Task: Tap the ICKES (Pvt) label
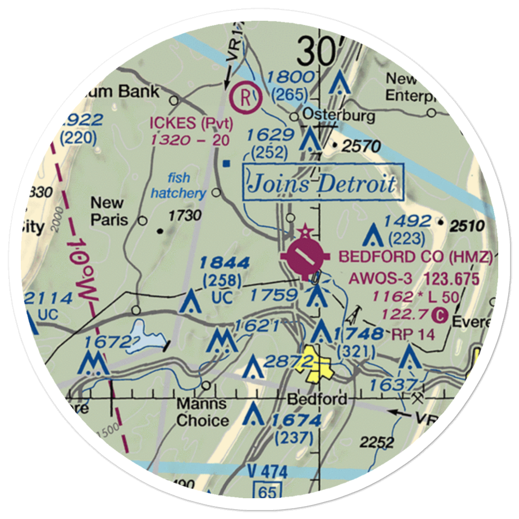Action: tap(192, 124)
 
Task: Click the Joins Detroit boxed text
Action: tap(322, 183)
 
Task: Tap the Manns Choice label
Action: tap(202, 412)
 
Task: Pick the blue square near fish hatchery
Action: tap(226, 164)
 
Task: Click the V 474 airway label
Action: tap(267, 472)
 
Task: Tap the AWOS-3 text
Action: tap(381, 279)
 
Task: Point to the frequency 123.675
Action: tap(451, 279)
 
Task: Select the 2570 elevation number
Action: tap(363, 147)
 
